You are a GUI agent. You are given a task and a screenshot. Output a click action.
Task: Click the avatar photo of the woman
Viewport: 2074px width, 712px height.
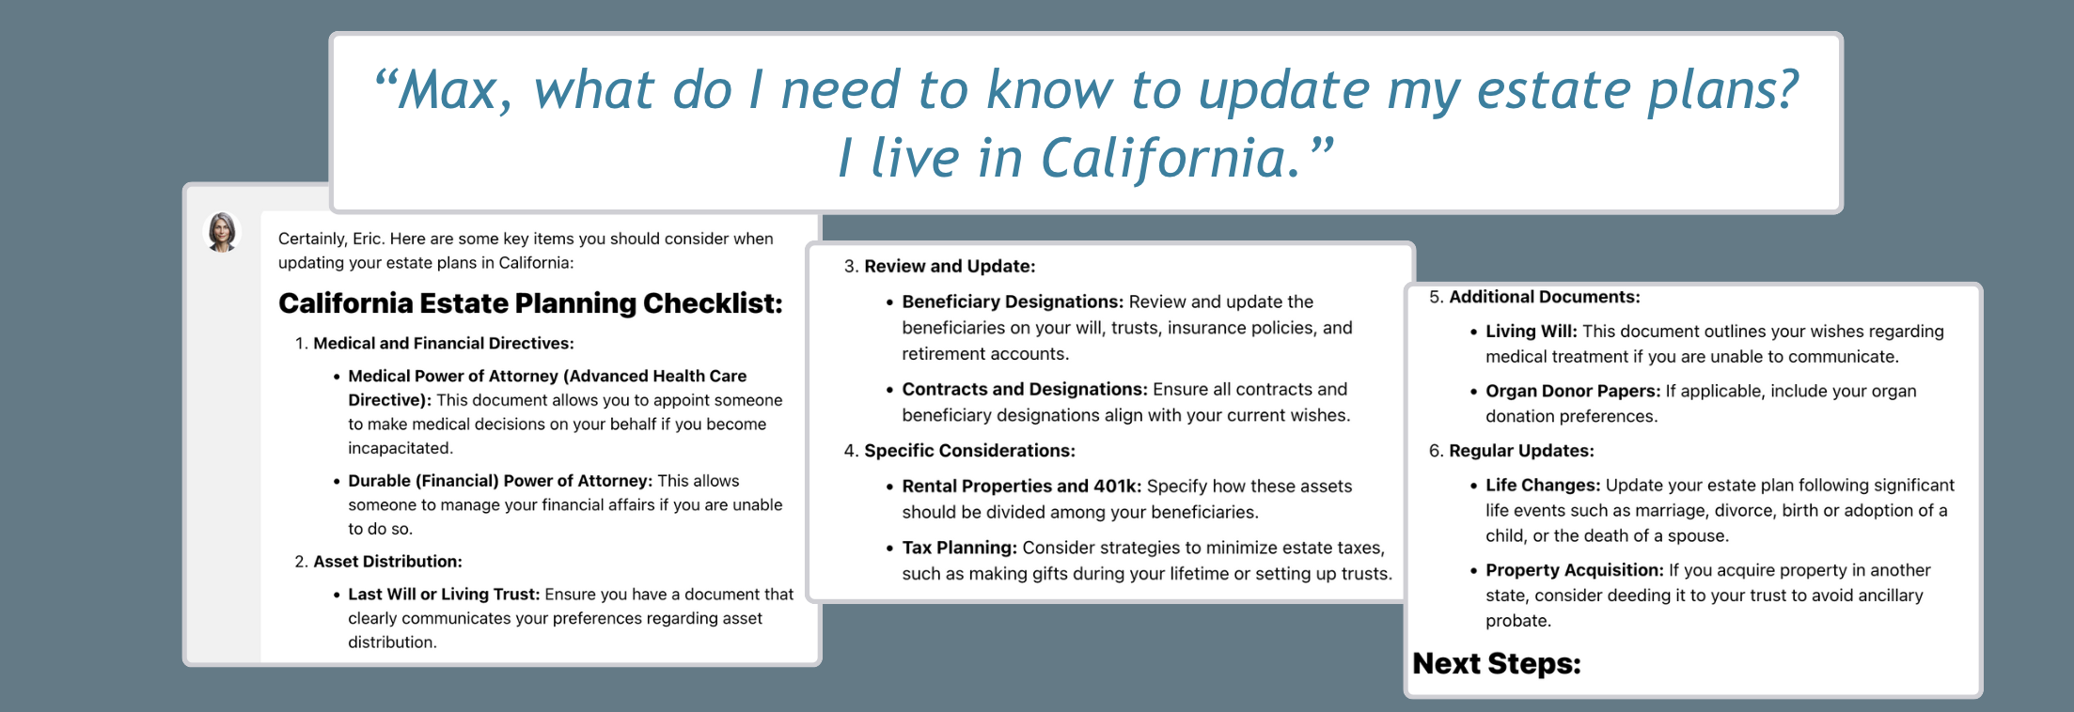tap(223, 232)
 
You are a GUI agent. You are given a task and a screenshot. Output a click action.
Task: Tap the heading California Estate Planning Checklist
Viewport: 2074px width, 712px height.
tap(530, 303)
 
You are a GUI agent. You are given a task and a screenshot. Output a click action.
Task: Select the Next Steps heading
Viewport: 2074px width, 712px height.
tap(1497, 664)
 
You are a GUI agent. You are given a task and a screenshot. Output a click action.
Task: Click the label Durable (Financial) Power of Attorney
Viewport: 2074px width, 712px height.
tap(500, 481)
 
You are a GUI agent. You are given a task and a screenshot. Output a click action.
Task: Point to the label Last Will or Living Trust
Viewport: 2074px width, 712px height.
tap(444, 595)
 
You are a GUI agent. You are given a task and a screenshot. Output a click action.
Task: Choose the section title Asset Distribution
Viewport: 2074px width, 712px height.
tap(387, 562)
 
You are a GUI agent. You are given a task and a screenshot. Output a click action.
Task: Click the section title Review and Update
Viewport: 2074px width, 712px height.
tap(950, 267)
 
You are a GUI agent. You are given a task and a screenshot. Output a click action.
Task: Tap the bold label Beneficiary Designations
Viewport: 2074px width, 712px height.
tap(1013, 302)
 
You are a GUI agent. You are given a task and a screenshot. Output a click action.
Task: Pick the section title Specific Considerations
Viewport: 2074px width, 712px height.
tap(969, 451)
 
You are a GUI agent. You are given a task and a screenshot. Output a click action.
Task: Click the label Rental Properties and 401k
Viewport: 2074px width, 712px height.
tap(1022, 487)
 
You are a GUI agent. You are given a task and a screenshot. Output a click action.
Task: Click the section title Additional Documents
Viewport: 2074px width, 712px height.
tap(1545, 298)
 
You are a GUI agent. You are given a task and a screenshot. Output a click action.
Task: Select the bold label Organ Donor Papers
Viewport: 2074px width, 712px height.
tap(1573, 392)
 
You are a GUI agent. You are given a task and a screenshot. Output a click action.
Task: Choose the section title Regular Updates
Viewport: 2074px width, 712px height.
tap(1521, 451)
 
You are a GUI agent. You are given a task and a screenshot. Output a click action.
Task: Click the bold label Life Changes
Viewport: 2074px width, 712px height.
tap(1543, 486)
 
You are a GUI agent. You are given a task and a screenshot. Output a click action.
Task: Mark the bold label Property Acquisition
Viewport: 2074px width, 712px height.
tap(1575, 570)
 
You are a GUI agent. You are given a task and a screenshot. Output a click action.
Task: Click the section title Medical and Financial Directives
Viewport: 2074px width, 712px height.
tap(444, 344)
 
